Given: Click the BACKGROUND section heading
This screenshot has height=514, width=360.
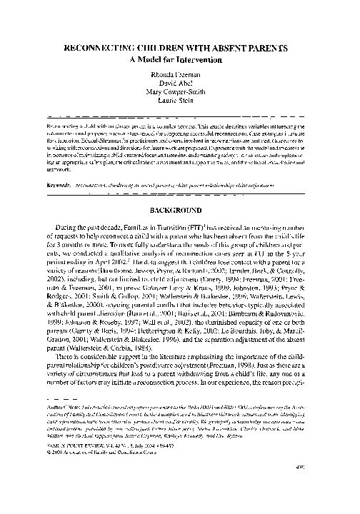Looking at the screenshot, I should pos(179,212).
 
